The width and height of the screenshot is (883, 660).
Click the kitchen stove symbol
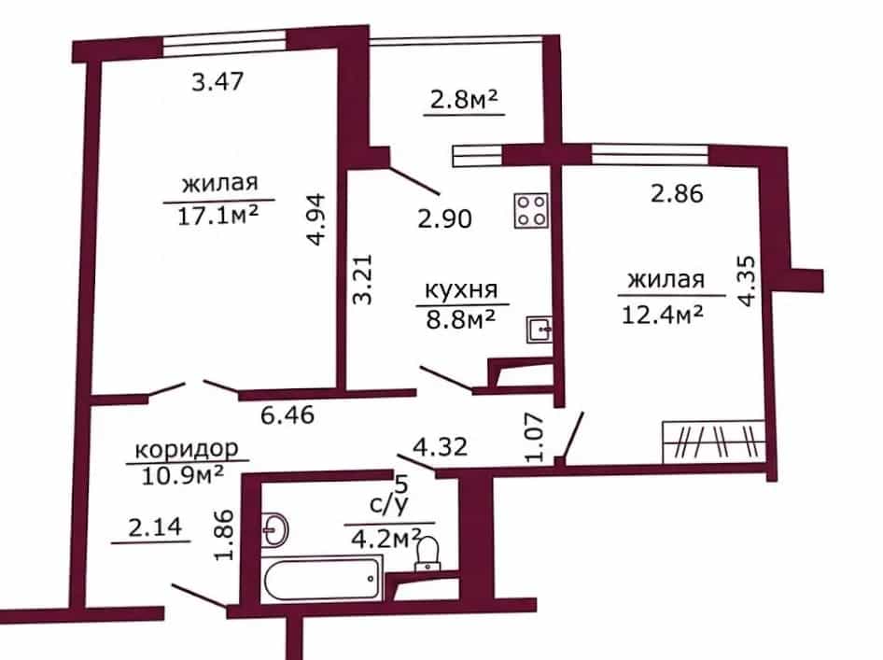tap(531, 211)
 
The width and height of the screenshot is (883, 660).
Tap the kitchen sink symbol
tap(539, 330)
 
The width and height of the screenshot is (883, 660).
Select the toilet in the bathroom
tap(428, 555)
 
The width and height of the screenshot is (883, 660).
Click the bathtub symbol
tap(323, 581)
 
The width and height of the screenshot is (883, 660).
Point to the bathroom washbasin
tap(274, 530)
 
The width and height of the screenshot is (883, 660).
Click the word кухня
tap(461, 290)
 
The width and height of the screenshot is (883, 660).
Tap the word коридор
tap(187, 449)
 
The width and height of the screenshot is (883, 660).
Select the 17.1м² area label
tap(217, 216)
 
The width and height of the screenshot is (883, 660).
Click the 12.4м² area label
tap(663, 315)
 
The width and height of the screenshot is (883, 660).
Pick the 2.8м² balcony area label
tap(464, 100)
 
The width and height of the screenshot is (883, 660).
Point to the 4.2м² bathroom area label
tap(386, 539)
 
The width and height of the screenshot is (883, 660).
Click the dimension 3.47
tap(217, 82)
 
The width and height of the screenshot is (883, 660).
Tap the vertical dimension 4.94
tap(316, 219)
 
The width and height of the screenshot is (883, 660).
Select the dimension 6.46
tap(287, 415)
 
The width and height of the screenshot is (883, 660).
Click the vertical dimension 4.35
tap(745, 280)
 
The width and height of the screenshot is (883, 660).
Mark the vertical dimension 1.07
tap(534, 438)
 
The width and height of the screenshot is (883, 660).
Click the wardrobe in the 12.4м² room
tap(713, 442)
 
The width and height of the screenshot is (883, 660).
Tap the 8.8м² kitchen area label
tap(461, 320)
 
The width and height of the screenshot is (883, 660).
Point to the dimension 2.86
tap(677, 194)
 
